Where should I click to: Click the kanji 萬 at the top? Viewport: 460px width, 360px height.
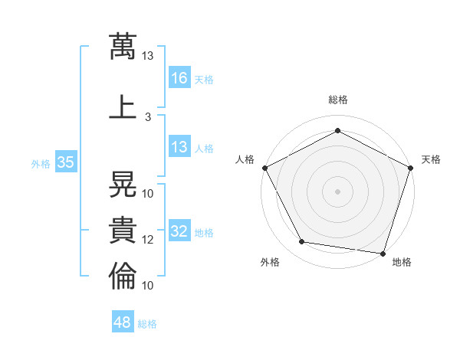pyautogui.click(x=123, y=46)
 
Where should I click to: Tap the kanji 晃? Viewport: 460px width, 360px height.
pyautogui.click(x=123, y=184)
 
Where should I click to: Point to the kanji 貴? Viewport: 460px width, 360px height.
pyautogui.click(x=123, y=230)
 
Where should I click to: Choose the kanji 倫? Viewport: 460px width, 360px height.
pyautogui.click(x=123, y=276)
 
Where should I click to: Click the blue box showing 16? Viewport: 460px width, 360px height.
pyautogui.click(x=179, y=77)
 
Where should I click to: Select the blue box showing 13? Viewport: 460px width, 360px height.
pyautogui.click(x=179, y=146)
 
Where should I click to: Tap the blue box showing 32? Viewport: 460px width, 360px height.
pyautogui.click(x=179, y=230)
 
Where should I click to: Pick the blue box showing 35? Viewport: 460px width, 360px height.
pyautogui.click(x=66, y=162)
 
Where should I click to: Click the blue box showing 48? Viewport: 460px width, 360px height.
pyautogui.click(x=123, y=321)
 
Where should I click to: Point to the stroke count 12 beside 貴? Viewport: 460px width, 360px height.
pyautogui.click(x=147, y=240)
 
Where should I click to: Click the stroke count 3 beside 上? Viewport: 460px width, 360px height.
pyautogui.click(x=148, y=117)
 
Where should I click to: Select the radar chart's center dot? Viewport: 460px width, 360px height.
pyautogui.click(x=337, y=191)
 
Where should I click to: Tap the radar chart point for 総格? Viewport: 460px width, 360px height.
pyautogui.click(x=337, y=130)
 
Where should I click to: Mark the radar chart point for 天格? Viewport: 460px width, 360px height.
pyautogui.click(x=411, y=168)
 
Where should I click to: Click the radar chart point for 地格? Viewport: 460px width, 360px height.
pyautogui.click(x=383, y=254)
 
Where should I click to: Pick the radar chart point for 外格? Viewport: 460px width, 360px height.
pyautogui.click(x=302, y=241)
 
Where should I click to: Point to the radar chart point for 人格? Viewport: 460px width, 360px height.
pyautogui.click(x=265, y=168)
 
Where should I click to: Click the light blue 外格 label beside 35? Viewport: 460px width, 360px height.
pyautogui.click(x=41, y=164)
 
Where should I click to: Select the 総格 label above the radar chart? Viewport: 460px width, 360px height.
pyautogui.click(x=338, y=100)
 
